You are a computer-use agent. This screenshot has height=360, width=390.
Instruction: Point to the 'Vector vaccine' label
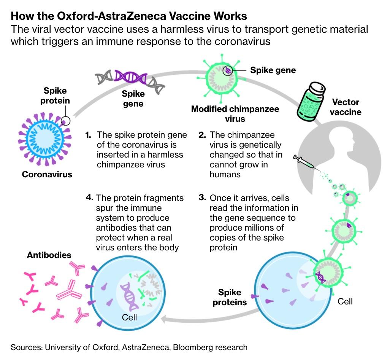(x=345, y=107)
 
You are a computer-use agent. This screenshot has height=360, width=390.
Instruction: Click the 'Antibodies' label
(x=49, y=255)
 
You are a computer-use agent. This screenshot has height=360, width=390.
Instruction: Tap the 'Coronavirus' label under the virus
(x=47, y=175)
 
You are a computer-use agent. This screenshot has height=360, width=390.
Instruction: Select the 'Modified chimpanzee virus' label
(x=235, y=113)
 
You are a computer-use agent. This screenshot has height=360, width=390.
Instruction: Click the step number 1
(x=88, y=135)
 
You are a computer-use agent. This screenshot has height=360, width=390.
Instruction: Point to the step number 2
(x=202, y=135)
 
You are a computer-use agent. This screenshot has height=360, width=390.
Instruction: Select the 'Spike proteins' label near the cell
(x=230, y=297)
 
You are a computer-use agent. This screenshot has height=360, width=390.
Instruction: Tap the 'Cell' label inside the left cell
(x=129, y=317)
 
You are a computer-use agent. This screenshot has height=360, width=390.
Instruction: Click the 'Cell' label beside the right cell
(x=345, y=301)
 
